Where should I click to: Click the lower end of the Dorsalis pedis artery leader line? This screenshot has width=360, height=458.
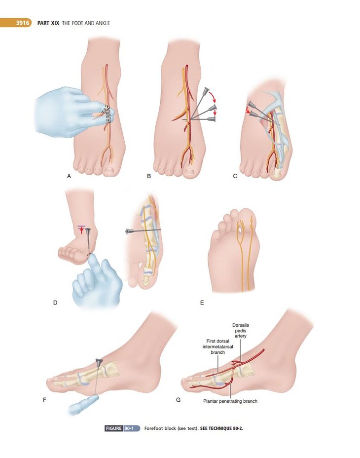click(241, 362)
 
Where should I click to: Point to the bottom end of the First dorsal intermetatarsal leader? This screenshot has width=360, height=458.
click(218, 373)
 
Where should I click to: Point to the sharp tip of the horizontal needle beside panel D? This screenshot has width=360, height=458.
click(161, 230)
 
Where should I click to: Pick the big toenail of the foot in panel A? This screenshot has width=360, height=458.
click(109, 170)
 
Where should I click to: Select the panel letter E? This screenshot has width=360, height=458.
click(202, 303)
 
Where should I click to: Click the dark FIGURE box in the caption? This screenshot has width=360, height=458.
click(113, 428)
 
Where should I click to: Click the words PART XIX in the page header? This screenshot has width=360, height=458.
click(48, 23)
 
